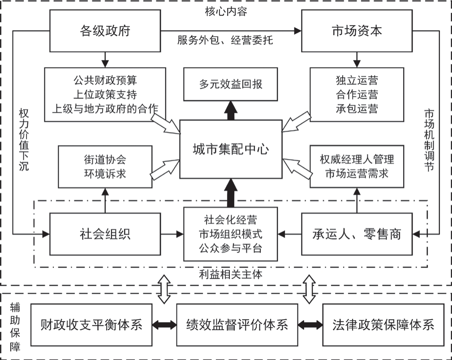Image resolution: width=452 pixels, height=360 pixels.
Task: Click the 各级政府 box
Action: [x=105, y=31]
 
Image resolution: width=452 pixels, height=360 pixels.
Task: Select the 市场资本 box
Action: [x=357, y=31]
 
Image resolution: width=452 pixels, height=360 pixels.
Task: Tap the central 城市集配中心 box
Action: [x=231, y=149]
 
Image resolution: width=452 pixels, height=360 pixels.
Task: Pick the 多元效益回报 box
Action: [x=231, y=84]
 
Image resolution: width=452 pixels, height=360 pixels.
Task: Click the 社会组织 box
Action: [x=105, y=234]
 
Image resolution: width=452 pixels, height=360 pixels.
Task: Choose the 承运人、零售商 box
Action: [x=357, y=234]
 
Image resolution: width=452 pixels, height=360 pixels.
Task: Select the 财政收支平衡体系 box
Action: [x=91, y=325]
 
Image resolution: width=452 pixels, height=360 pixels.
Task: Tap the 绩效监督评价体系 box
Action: [x=237, y=325]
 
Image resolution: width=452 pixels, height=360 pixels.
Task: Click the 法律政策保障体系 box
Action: [x=383, y=325]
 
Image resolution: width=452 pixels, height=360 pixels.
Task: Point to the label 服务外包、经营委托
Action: [x=225, y=40]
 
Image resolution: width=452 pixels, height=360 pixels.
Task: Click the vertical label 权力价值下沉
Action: [x=24, y=140]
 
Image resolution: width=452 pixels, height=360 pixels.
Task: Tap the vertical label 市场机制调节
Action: [x=429, y=140]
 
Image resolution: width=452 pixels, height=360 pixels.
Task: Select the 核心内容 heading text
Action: [x=226, y=12]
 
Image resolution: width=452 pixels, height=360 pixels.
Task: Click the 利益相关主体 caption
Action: [x=231, y=274]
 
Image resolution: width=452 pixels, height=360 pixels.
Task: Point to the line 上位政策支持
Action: [x=105, y=94]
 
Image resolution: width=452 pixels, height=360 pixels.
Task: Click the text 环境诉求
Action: [x=105, y=174]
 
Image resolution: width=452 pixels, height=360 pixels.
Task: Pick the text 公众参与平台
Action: [x=231, y=248]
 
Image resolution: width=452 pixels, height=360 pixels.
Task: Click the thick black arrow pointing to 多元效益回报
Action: [x=231, y=111]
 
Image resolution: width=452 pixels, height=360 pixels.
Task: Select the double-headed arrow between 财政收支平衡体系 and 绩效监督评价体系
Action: [x=164, y=325]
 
